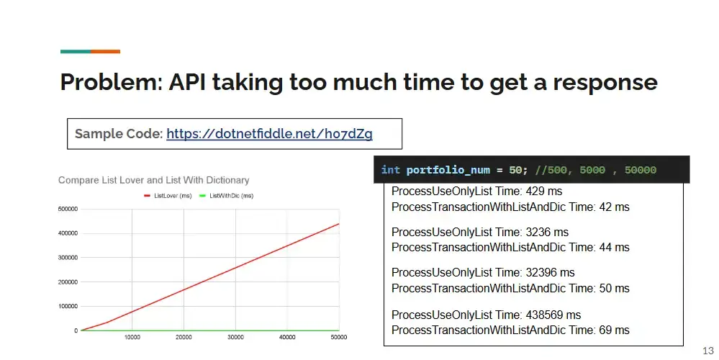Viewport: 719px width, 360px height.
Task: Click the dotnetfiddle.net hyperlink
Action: coord(269,133)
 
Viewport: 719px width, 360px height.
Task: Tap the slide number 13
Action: coord(708,351)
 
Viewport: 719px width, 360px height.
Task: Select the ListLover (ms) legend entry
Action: coord(168,196)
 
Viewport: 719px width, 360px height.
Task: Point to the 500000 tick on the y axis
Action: coord(68,209)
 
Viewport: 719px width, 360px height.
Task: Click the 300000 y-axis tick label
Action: coord(68,258)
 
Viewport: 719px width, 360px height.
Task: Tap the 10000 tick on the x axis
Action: coord(132,337)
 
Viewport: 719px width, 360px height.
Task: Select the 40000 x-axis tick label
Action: coord(287,337)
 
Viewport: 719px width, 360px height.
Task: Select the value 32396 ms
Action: coord(550,272)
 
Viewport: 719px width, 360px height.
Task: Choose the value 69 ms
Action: coord(614,330)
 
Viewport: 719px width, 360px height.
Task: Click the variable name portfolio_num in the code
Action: coord(448,170)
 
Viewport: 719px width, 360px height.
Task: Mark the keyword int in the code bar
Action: coord(390,170)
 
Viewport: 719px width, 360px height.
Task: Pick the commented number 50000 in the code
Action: coord(640,170)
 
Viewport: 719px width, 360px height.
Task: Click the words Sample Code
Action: coord(119,133)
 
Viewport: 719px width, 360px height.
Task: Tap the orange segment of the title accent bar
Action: coord(106,51)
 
